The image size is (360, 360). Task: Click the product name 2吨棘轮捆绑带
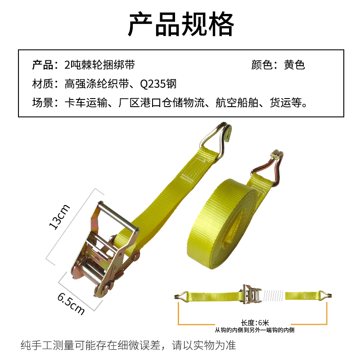click(99, 65)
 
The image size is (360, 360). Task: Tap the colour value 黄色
click(294, 65)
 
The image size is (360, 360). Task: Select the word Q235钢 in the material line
click(158, 84)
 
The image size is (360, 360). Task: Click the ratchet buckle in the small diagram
click(250, 295)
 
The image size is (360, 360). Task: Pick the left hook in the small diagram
click(182, 296)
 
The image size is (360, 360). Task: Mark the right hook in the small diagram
click(327, 296)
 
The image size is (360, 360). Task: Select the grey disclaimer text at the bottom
click(128, 346)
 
